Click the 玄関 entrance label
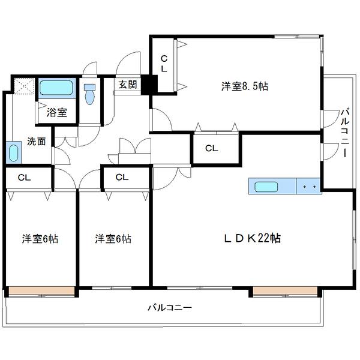tap(127, 85)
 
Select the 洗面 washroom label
tap(36, 142)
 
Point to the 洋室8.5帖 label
tap(244, 86)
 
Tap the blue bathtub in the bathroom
tap(57, 90)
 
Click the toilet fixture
tap(90, 94)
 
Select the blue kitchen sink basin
tap(266, 187)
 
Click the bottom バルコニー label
tap(170, 308)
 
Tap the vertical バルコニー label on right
tap(345, 133)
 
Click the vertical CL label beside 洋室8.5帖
tap(163, 64)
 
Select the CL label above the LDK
tap(211, 148)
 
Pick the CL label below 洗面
tap(24, 177)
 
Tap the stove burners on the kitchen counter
tap(310, 187)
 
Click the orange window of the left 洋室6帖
tap(41, 292)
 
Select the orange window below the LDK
tap(284, 292)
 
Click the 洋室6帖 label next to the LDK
tap(113, 239)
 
